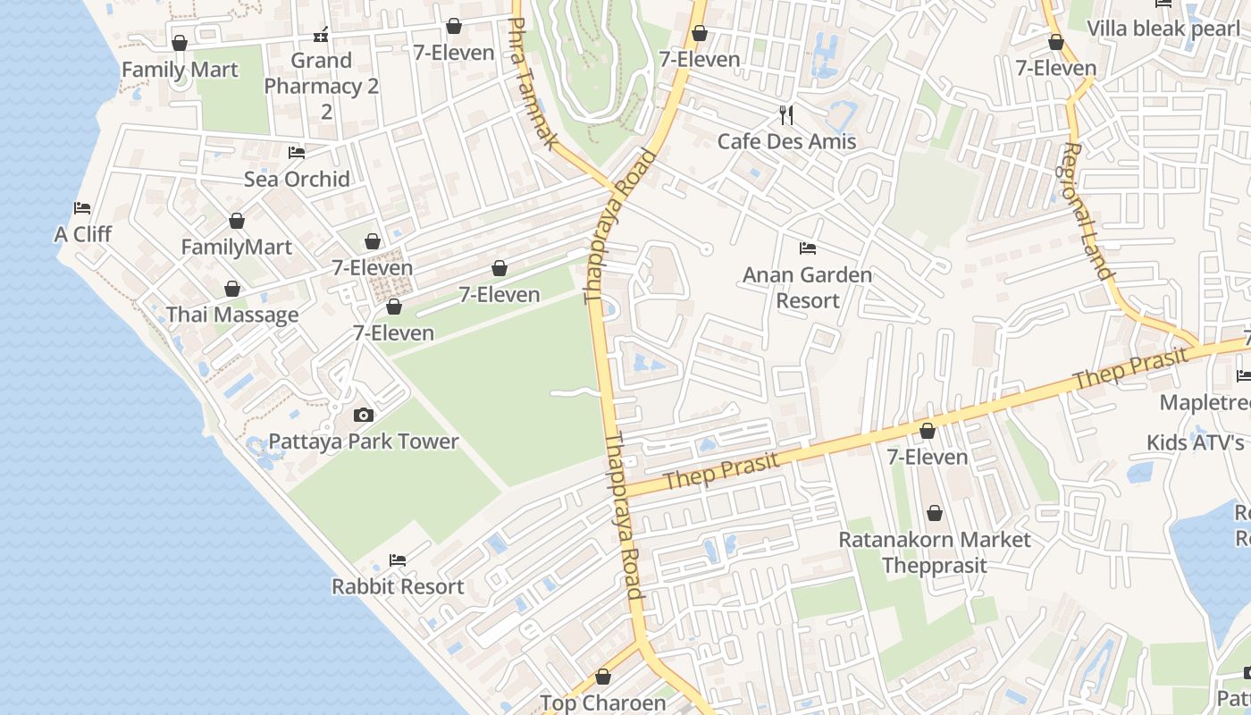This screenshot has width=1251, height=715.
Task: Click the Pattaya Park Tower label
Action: [x=364, y=442]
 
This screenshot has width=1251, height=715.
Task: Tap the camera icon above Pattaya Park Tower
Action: [x=363, y=415]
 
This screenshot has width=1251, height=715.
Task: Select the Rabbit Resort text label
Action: [x=398, y=586]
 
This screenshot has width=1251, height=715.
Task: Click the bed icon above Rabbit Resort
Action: [x=398, y=560]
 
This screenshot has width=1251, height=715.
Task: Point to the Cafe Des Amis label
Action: [x=786, y=141]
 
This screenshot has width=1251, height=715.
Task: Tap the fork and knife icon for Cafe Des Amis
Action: [x=786, y=114]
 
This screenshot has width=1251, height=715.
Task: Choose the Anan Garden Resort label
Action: [x=807, y=287]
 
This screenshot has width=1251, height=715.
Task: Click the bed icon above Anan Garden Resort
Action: [x=808, y=248]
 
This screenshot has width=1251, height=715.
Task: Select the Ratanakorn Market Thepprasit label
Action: [x=934, y=552]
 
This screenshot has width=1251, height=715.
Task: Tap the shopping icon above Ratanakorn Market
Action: [x=934, y=513]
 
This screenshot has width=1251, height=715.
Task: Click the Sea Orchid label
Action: [x=297, y=179]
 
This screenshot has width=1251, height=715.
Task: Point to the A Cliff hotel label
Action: [x=82, y=234]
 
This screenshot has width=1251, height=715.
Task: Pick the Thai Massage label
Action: [x=232, y=315]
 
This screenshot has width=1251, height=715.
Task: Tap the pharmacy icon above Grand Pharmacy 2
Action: [x=321, y=35]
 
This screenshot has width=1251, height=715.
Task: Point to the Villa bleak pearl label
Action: [x=1163, y=28]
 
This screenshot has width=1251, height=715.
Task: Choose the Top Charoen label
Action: [x=602, y=703]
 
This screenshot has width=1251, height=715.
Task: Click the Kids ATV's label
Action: [x=1196, y=442]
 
